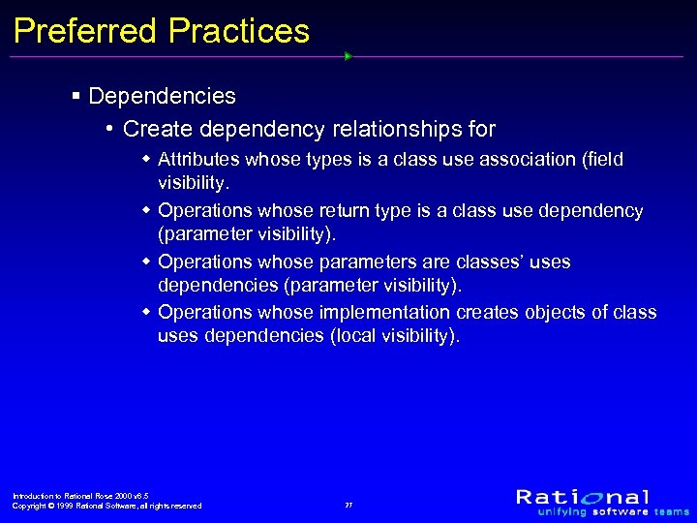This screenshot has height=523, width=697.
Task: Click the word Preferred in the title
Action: [x=85, y=31]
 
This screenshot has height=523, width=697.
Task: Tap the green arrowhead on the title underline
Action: [x=348, y=56]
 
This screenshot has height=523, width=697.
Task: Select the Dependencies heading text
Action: [x=162, y=96]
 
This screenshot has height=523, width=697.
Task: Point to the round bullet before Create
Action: [x=112, y=129]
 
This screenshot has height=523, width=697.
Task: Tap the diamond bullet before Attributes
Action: [x=145, y=159]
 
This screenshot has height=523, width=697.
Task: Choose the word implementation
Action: [x=384, y=313]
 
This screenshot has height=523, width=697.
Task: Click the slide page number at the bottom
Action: [x=348, y=506]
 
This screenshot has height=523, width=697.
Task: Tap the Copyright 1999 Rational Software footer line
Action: [x=106, y=506]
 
